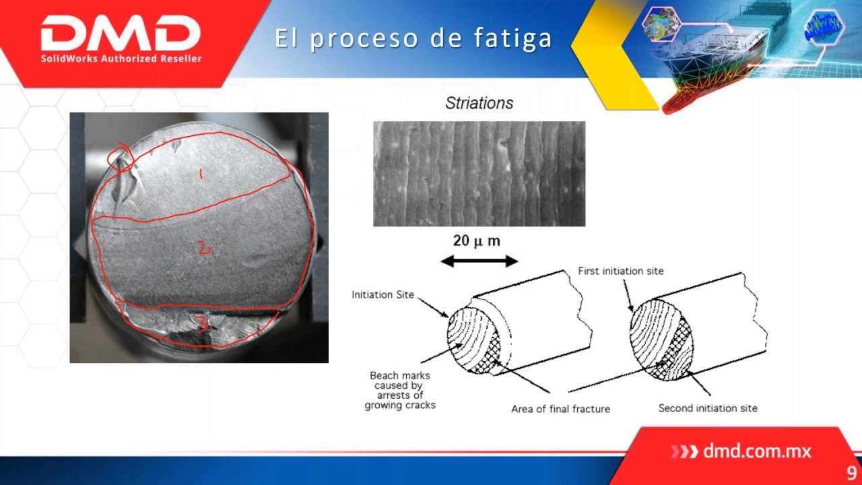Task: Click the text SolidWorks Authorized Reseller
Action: pos(121,59)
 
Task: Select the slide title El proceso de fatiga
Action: pos(413,38)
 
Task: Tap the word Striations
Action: pos(479,103)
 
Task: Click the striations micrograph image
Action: pos(479,174)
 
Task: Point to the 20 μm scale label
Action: pos(476,241)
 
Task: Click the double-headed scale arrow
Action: pos(479,261)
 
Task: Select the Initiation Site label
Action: pos(383,294)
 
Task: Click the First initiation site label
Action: pos(620,271)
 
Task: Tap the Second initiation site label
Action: pos(707,408)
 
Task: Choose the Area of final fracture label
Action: pos(560,409)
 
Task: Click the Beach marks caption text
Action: pos(400,390)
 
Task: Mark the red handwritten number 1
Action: pos(201,175)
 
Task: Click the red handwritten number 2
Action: pos(204,249)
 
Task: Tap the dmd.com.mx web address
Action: pos(756,451)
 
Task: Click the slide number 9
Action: pos(852,473)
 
